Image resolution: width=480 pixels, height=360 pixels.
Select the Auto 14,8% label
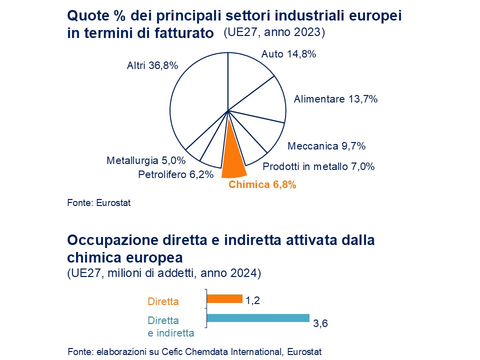click(288, 54)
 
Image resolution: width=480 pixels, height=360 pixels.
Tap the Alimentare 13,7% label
click(335, 99)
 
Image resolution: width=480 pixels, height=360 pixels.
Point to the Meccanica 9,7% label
click(326, 146)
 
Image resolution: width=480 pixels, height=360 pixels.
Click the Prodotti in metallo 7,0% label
click(318, 167)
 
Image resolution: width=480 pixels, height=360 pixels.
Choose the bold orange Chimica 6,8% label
click(262, 185)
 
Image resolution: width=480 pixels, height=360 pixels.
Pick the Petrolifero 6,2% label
click(175, 174)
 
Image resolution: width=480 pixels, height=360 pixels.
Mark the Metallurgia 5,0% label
click(146, 161)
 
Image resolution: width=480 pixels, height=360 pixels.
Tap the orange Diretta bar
click(224, 299)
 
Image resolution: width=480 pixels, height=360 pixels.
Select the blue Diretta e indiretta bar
click(258, 318)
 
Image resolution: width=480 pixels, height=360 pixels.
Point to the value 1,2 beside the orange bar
click(253, 300)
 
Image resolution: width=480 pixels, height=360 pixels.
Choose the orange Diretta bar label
click(163, 301)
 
